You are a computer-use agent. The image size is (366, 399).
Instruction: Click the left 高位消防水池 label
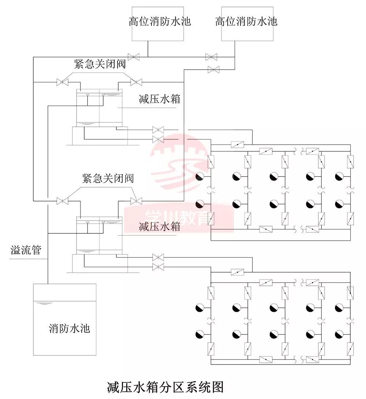(160, 21)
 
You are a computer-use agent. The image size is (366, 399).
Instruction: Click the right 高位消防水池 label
(246, 21)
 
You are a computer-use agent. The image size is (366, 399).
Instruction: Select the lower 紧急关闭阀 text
(108, 179)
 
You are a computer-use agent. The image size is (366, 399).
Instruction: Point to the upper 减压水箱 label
(160, 99)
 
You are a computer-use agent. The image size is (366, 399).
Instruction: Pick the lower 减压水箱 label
(160, 226)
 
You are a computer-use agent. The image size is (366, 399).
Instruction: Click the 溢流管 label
(26, 251)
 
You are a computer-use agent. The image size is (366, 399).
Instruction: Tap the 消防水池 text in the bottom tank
(70, 328)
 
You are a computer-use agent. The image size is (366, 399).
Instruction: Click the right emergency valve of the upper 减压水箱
(136, 82)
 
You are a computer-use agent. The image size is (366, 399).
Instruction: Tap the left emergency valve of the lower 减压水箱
(63, 201)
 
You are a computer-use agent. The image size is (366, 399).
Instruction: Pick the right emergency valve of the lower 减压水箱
(136, 201)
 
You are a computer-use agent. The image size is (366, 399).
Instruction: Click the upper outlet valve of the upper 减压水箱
(158, 130)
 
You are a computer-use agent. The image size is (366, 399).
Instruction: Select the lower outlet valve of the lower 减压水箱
(158, 266)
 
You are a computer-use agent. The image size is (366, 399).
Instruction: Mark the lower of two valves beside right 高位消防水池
(213, 69)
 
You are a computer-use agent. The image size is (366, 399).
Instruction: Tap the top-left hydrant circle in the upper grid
(201, 177)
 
